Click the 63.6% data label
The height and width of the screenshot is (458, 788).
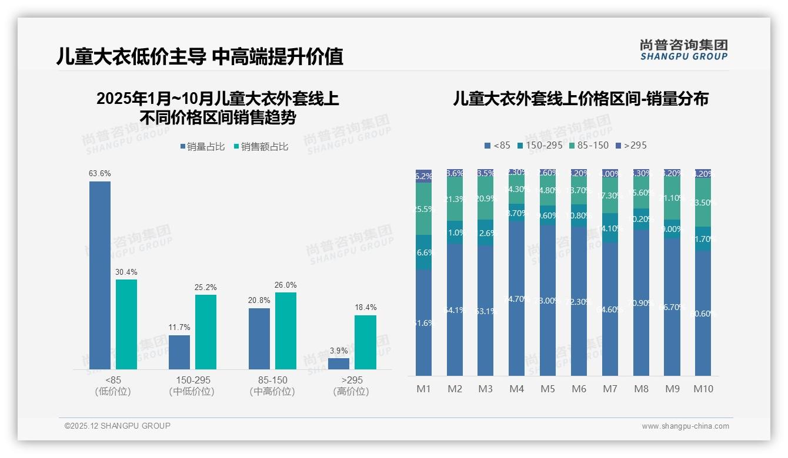click(100, 174)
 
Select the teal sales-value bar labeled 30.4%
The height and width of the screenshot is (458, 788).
click(126, 324)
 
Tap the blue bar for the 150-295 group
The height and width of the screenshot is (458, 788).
click(179, 352)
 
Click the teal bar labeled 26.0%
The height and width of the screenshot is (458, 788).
click(286, 331)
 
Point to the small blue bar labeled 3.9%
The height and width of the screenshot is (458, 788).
click(339, 363)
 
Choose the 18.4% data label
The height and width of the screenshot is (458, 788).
click(365, 307)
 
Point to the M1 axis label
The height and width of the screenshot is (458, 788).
click(423, 389)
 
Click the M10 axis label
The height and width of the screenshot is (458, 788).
click(703, 389)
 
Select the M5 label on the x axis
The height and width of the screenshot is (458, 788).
click(547, 389)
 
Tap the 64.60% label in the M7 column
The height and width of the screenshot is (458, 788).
click(610, 309)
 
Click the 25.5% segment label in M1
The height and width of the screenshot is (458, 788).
click(423, 209)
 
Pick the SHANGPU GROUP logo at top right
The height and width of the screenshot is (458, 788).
click(683, 50)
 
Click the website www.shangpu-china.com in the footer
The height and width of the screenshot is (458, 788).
click(685, 426)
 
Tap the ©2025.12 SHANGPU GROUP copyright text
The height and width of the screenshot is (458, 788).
click(118, 426)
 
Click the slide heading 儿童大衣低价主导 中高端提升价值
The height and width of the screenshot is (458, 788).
click(199, 57)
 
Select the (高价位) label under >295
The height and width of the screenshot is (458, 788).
click(352, 392)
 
